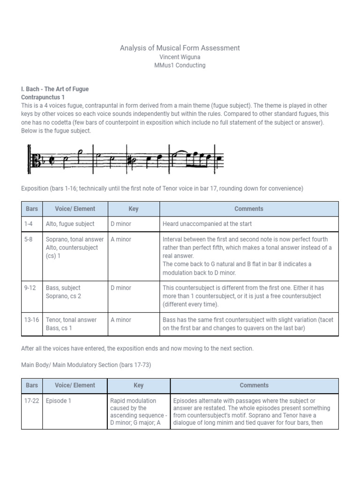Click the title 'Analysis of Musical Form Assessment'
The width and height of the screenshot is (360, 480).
(180, 48)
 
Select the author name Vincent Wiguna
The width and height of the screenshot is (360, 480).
(180, 57)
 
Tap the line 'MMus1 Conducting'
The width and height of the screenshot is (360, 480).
(180, 65)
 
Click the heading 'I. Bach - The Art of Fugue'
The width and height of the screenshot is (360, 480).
(55, 89)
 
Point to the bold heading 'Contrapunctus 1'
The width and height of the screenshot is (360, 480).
(43, 97)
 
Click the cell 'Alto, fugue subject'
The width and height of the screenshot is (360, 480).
(70, 224)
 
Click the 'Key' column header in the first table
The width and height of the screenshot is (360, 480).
(134, 209)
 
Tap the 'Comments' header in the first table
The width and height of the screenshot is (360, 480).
(249, 209)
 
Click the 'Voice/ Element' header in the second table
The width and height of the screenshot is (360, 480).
(75, 385)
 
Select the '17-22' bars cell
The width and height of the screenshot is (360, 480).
(32, 401)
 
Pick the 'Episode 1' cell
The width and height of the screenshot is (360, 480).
(59, 401)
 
